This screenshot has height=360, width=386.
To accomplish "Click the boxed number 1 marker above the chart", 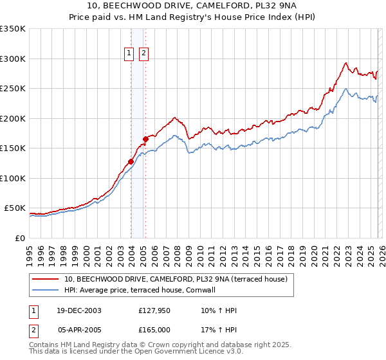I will pyautogui.click(x=129, y=53).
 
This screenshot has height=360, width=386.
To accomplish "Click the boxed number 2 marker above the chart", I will pyautogui.click(x=143, y=53).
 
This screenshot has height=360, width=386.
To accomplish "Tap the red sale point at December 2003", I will pyautogui.click(x=131, y=161).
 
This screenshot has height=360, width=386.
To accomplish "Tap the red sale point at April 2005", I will pyautogui.click(x=145, y=139).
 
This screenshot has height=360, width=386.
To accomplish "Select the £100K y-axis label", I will pyautogui.click(x=13, y=178).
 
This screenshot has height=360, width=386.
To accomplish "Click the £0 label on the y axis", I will pyautogui.click(x=19, y=238).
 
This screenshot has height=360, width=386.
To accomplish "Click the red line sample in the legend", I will pyautogui.click(x=46, y=279).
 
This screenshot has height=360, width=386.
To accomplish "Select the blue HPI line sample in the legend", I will pyautogui.click(x=46, y=290).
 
